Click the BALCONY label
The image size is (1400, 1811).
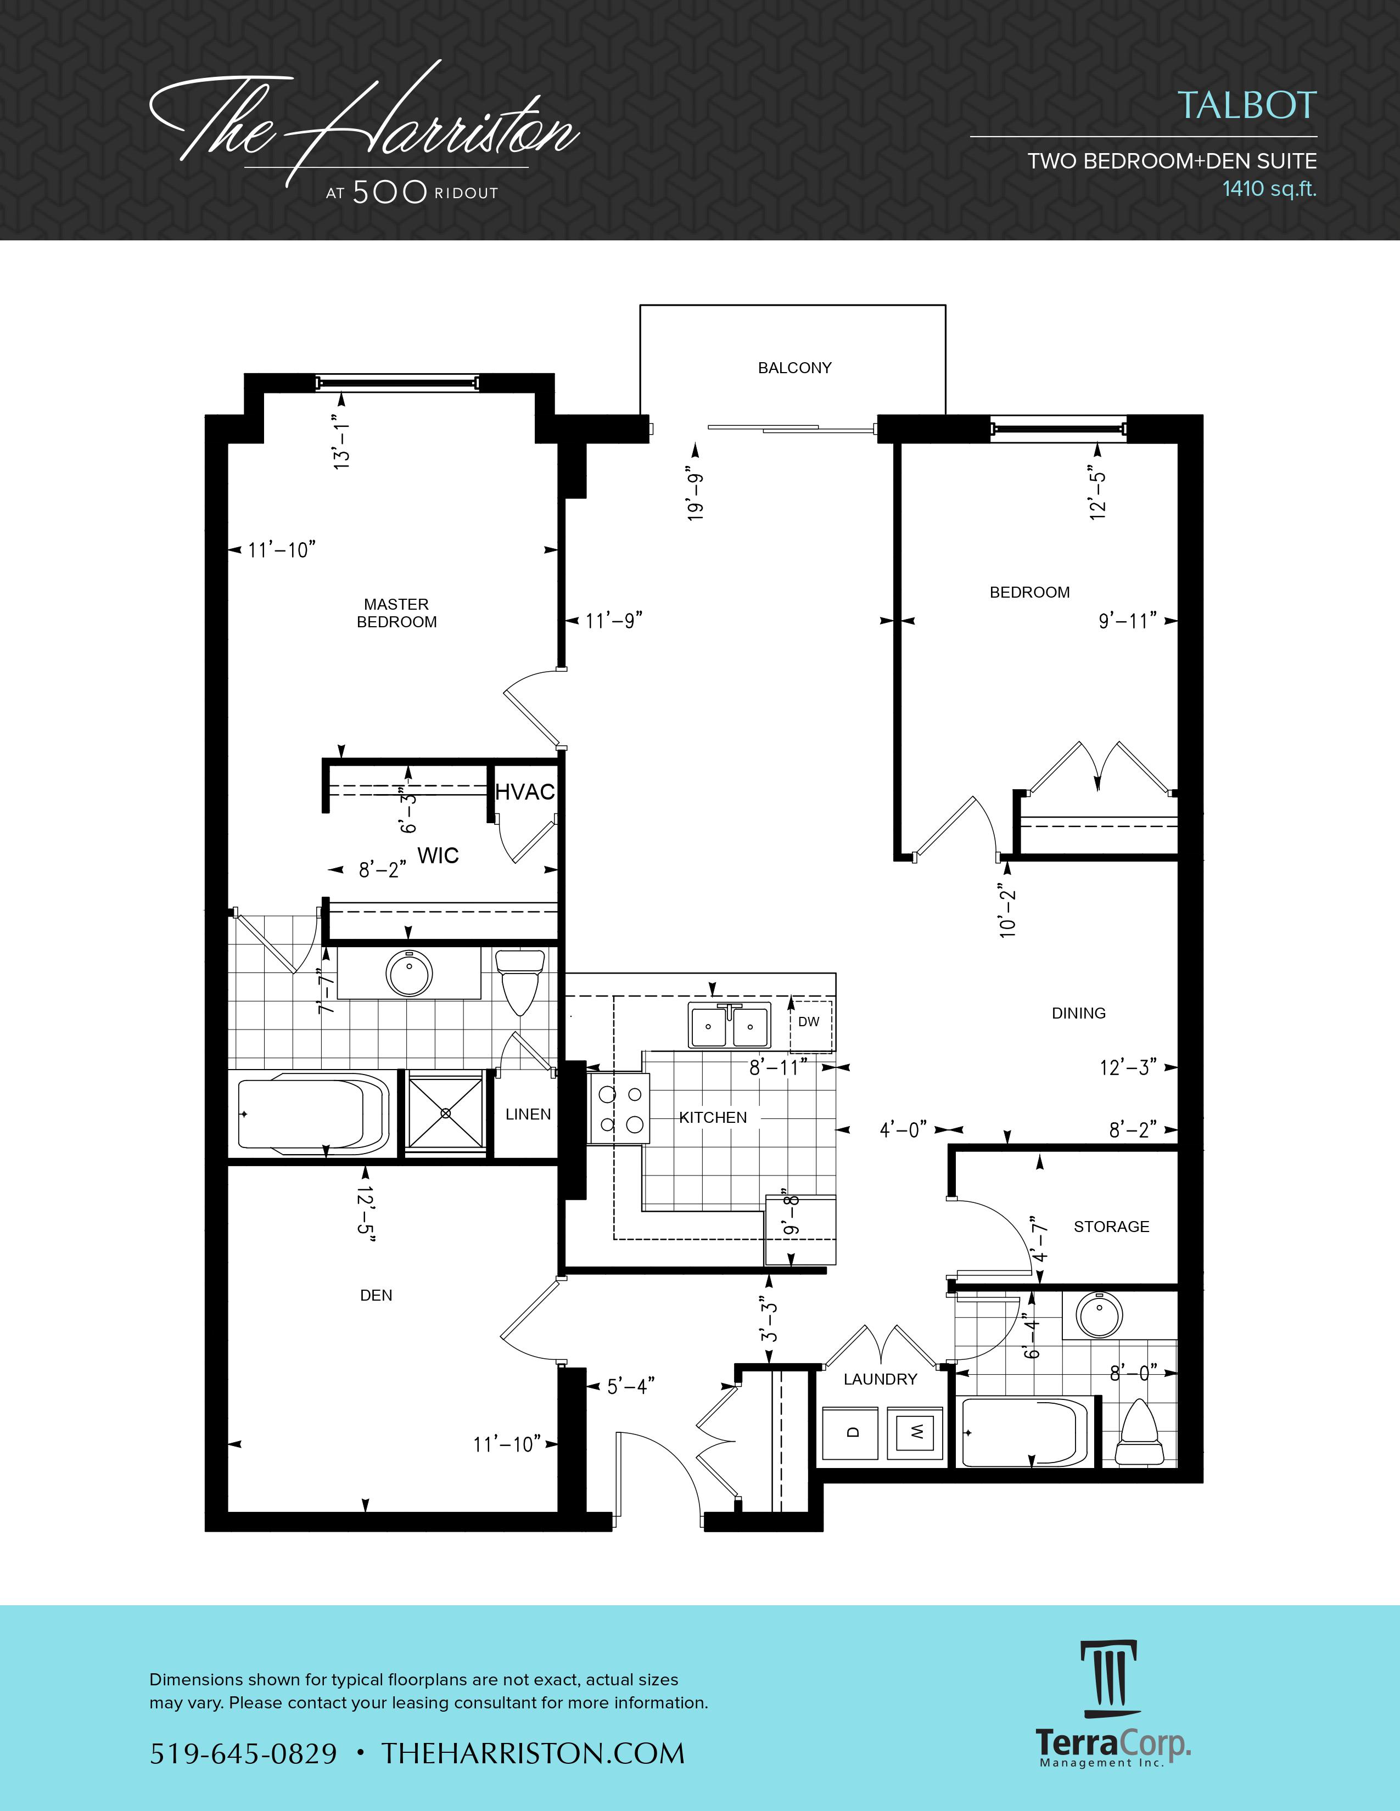click(794, 367)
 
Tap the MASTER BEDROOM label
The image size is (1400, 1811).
click(396, 613)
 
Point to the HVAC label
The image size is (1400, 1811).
click(524, 792)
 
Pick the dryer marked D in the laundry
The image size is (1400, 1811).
click(850, 1432)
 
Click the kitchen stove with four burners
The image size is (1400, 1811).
click(619, 1109)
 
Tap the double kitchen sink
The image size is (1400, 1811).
click(729, 1025)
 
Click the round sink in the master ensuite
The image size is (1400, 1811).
click(409, 972)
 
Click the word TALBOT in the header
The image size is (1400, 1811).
click(1247, 105)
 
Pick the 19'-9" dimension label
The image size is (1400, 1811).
click(695, 497)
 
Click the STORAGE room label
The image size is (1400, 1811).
click(1111, 1227)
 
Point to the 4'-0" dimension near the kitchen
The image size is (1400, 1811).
click(903, 1129)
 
